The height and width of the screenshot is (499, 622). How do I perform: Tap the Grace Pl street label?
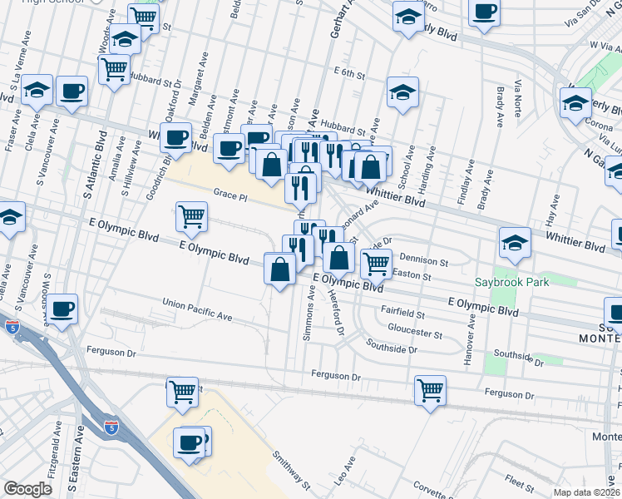(x=230, y=197)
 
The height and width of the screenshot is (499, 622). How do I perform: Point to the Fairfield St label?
(x=402, y=315)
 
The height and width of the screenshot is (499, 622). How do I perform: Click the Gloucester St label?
(x=413, y=333)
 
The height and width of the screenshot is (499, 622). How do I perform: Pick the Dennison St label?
(x=423, y=260)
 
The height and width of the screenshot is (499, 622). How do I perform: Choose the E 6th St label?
(x=348, y=74)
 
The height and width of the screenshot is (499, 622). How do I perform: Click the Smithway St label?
(x=292, y=470)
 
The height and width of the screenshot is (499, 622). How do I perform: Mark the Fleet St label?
(x=518, y=480)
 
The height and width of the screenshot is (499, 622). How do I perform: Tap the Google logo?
(x=27, y=489)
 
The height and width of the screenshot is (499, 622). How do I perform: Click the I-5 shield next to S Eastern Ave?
(x=111, y=429)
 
